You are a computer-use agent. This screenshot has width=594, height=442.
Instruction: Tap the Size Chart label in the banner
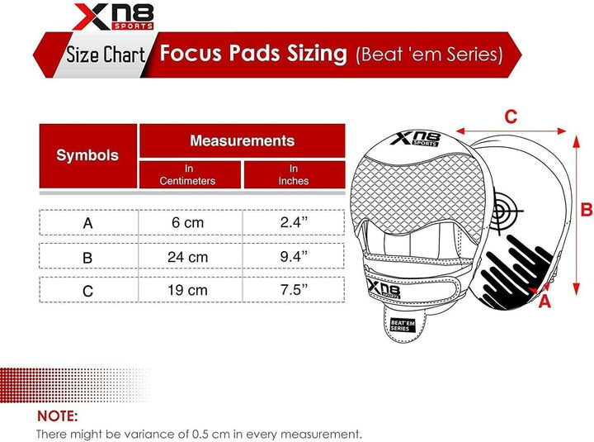pos(105,55)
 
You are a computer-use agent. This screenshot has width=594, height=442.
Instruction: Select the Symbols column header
pos(87,155)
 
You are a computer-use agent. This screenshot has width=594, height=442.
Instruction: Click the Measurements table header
pos(242,141)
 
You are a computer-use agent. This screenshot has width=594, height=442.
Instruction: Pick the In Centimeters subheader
pos(188,174)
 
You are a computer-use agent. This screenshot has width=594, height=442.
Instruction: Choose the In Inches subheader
pos(293,174)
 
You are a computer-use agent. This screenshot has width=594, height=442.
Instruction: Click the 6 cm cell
pos(187,223)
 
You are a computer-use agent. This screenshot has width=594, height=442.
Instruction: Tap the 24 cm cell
pos(187,257)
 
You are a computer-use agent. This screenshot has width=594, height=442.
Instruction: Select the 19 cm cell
pos(187,291)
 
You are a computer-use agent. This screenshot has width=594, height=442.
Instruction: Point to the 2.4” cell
pos(293,223)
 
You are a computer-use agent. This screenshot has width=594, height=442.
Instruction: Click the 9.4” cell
pos(293,257)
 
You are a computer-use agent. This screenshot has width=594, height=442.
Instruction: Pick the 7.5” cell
pos(293,291)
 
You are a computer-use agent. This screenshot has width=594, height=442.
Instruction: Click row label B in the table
pos(87,257)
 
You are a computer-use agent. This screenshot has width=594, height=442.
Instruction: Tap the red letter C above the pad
pos(511,117)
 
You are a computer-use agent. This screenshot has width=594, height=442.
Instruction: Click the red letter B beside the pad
pos(586,209)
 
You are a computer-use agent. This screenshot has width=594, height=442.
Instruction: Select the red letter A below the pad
pos(544,302)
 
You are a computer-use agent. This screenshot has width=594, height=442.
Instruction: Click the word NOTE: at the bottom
pos(57,416)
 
